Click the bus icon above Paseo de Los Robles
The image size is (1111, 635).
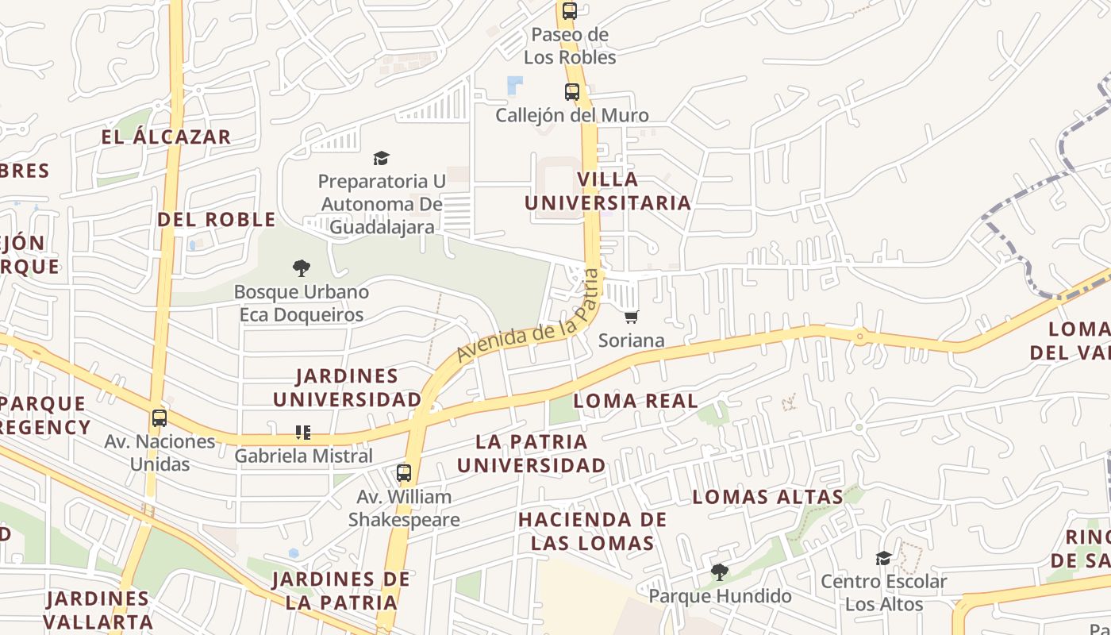point(569,11)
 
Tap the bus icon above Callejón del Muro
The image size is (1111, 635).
point(572,92)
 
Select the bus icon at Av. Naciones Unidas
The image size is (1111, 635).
point(160,418)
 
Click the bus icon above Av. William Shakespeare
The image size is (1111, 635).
point(404,473)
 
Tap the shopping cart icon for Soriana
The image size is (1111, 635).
point(632,317)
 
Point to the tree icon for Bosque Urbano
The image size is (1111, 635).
point(301,268)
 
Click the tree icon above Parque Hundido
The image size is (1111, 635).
point(719,571)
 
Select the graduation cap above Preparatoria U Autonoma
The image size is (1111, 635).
point(382,158)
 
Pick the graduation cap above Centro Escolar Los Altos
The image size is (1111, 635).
point(883,558)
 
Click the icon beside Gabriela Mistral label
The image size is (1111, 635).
point(302,433)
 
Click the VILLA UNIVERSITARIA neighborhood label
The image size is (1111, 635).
point(608,190)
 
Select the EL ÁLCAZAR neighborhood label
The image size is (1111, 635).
point(166,137)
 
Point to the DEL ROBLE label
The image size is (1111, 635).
point(216,219)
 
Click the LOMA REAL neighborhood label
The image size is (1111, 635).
point(636,400)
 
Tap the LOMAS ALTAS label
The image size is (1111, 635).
point(767,497)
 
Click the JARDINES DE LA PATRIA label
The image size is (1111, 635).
point(341,591)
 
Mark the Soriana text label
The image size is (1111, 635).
point(632,341)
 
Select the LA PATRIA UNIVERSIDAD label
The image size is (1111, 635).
point(532,453)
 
